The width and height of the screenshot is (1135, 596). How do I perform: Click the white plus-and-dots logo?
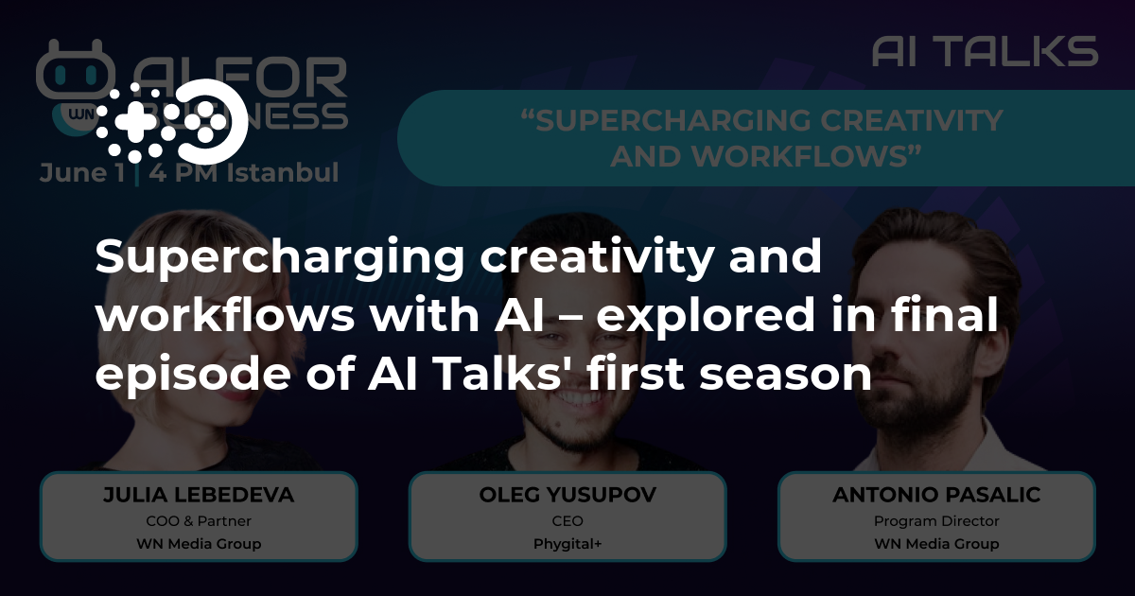[171, 121]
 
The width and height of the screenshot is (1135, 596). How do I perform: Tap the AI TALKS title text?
[985, 51]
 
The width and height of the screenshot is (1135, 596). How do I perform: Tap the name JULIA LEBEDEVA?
[199, 496]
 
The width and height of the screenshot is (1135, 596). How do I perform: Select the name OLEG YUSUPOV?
[567, 496]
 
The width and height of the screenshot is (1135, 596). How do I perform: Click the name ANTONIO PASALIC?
[936, 496]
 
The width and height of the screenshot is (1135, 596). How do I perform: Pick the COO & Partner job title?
[199, 521]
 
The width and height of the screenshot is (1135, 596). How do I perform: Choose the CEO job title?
[567, 521]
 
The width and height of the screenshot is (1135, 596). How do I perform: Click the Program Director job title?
[936, 521]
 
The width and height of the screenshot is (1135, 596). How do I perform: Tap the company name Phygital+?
[567, 544]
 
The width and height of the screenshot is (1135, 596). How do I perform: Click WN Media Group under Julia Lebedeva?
[199, 544]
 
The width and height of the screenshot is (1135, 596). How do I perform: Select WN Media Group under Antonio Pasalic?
[936, 544]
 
